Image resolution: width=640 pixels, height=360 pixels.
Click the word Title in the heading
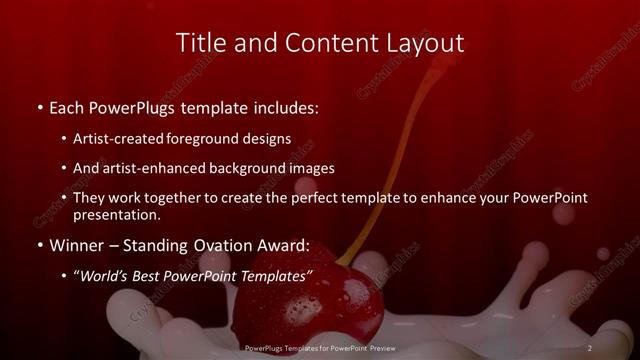(198, 43)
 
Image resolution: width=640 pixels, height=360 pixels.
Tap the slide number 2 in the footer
(590, 347)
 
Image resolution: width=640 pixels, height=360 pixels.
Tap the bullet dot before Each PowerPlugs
(39, 105)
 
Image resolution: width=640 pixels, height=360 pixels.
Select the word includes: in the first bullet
(286, 105)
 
